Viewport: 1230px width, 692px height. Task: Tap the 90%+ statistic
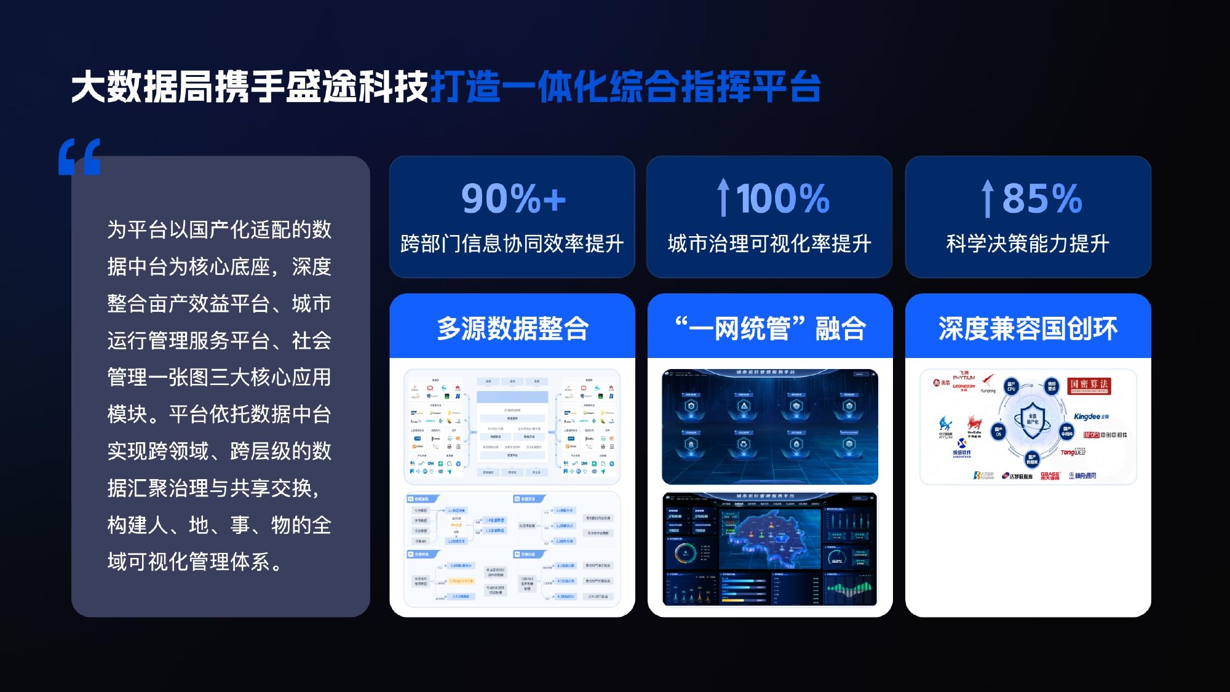[513, 199]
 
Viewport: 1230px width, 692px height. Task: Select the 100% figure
[783, 199]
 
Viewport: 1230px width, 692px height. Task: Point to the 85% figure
[1042, 199]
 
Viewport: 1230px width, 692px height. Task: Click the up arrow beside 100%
[723, 197]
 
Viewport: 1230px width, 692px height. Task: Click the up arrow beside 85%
[987, 198]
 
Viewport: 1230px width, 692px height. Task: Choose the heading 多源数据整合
[512, 328]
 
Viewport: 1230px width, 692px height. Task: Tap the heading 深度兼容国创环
[1028, 328]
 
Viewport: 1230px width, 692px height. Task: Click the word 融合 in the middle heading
[840, 328]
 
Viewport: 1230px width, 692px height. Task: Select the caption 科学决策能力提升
[1028, 244]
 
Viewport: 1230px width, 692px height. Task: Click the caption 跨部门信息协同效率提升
[512, 244]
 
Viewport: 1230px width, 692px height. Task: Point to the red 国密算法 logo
[1088, 385]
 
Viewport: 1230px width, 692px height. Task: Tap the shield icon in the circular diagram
[1032, 421]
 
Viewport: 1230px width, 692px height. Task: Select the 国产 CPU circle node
[1011, 387]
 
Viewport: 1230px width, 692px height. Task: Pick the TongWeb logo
[1073, 452]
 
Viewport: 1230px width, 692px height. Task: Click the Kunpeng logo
[988, 383]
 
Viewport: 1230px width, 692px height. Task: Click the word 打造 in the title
[466, 86]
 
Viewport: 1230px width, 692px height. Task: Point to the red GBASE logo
[1050, 475]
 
